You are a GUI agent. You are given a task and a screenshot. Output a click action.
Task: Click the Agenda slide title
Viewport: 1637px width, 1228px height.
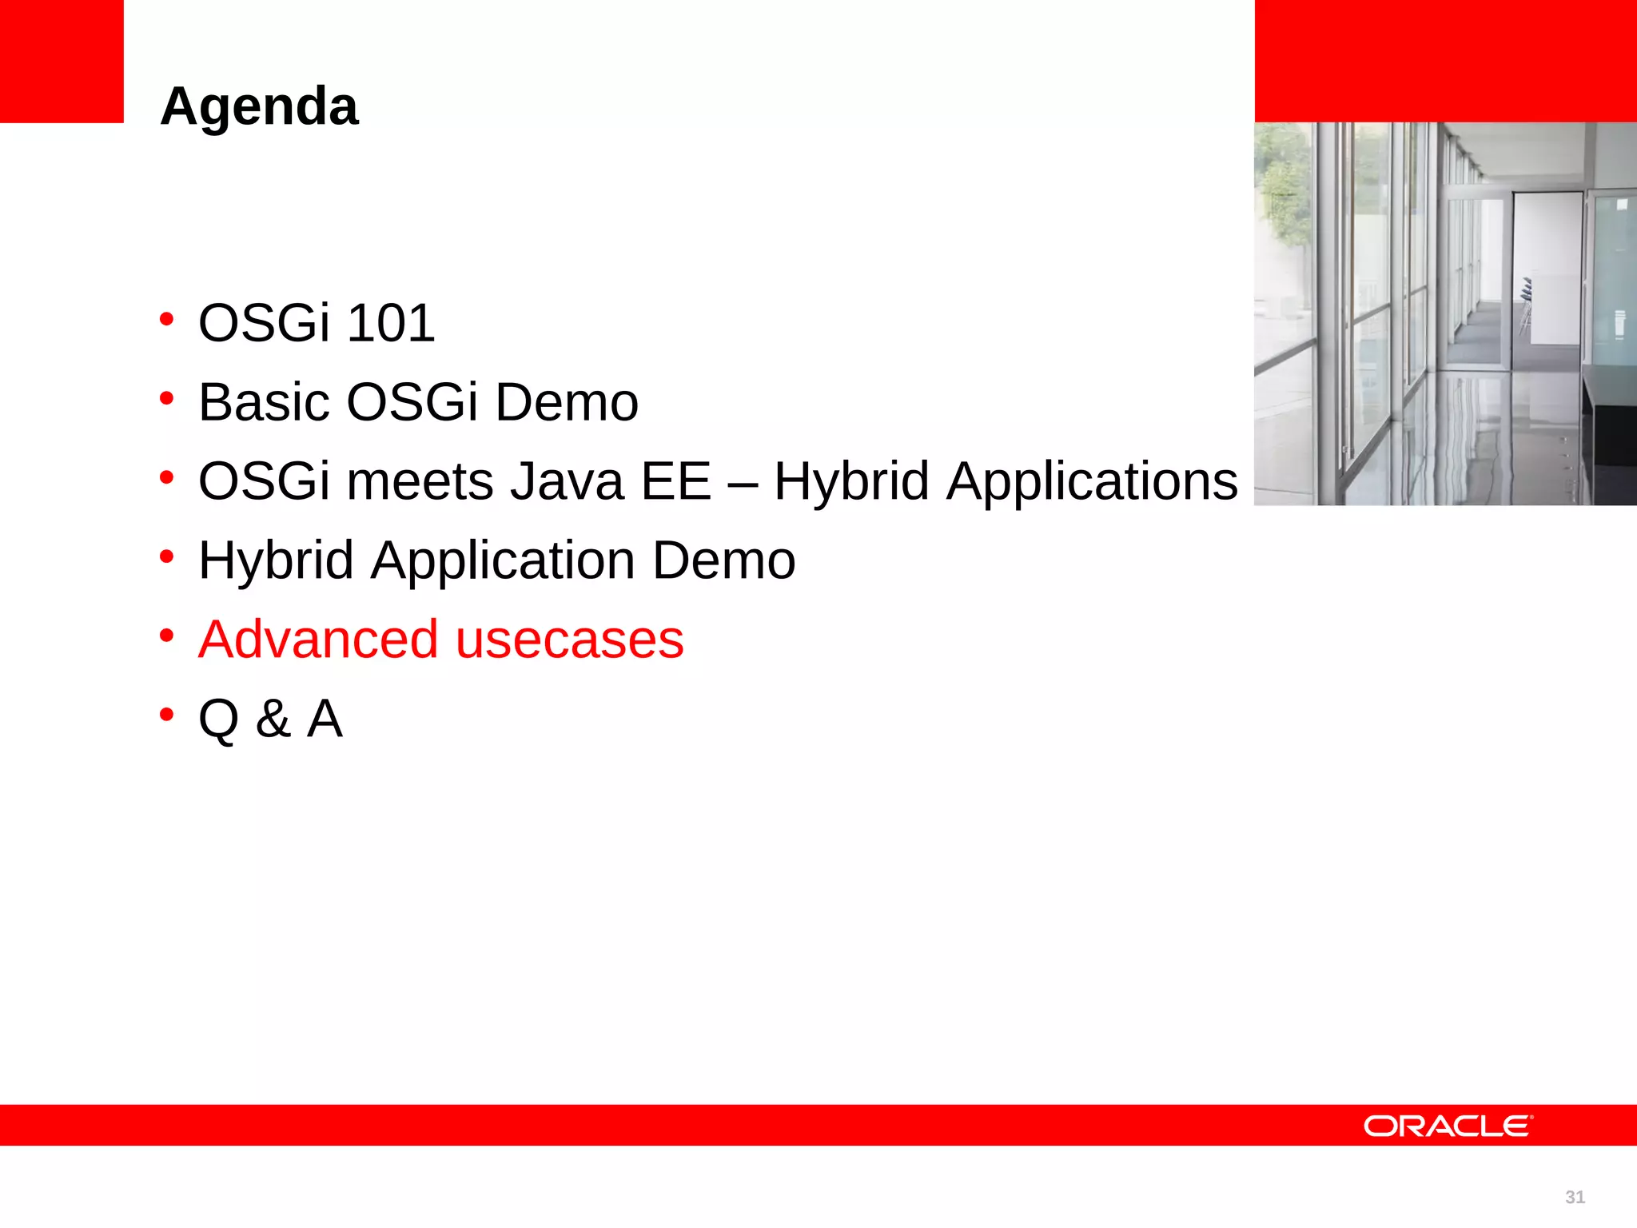tap(259, 107)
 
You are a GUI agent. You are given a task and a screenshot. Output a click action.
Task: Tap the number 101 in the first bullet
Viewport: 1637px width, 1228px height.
tap(391, 324)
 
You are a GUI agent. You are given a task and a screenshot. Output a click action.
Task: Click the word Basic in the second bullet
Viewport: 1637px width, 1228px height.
tap(263, 402)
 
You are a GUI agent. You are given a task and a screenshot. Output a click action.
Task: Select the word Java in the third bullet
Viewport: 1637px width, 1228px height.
tap(567, 481)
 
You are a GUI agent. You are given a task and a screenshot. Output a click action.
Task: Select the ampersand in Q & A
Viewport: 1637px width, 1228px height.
tap(273, 719)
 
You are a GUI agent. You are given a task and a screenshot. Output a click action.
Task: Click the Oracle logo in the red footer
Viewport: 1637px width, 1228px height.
tap(1448, 1126)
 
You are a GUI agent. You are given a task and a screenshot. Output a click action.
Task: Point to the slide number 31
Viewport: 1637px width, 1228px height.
tap(1575, 1197)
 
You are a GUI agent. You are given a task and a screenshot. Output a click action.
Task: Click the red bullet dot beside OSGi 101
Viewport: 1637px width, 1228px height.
tap(166, 320)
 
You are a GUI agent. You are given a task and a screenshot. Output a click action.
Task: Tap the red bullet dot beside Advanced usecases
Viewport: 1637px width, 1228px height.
tap(166, 636)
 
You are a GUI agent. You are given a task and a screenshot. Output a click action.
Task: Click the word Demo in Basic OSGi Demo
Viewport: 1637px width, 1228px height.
tap(567, 402)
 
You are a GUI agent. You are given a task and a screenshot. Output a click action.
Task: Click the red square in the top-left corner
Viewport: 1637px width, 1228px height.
tap(62, 61)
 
